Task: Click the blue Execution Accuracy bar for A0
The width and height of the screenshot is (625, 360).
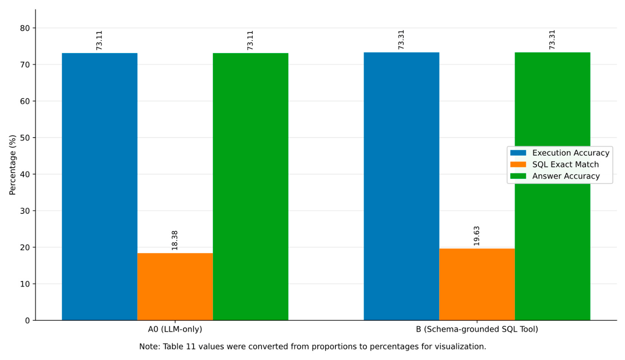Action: click(x=100, y=187)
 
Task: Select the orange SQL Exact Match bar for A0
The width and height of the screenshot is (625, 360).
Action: click(x=175, y=287)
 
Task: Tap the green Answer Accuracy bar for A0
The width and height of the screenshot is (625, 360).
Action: click(x=251, y=187)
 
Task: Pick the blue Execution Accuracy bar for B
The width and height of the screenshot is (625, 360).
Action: click(x=401, y=186)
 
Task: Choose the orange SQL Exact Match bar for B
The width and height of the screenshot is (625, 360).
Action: click(x=477, y=285)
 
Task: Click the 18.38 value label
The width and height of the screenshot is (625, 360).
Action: click(x=175, y=240)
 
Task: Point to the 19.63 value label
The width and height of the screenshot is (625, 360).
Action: click(x=477, y=236)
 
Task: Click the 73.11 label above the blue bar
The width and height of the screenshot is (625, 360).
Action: click(x=99, y=40)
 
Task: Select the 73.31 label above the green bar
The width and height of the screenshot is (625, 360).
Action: click(x=552, y=40)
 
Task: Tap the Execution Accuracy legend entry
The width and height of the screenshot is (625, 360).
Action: click(x=560, y=153)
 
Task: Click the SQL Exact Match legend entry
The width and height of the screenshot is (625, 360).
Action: click(x=554, y=164)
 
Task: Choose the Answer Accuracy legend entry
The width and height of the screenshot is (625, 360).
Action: click(x=555, y=176)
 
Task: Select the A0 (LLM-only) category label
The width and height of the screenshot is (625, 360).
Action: click(x=175, y=329)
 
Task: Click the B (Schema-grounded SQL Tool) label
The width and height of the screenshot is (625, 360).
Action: click(x=477, y=329)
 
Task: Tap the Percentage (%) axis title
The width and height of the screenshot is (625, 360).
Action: click(x=12, y=165)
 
